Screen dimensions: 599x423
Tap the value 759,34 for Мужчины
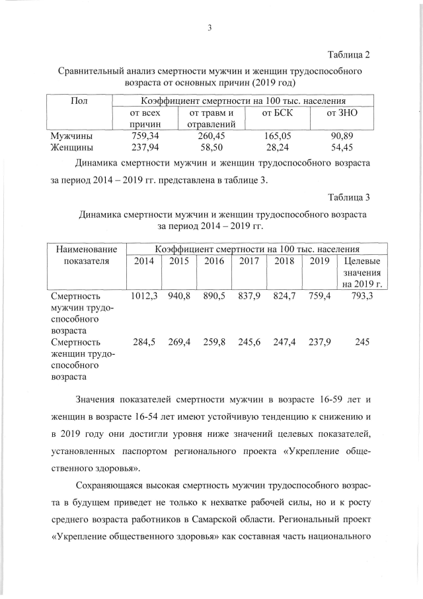(145, 136)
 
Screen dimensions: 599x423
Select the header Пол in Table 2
(79, 101)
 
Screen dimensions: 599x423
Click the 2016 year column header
(214, 261)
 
